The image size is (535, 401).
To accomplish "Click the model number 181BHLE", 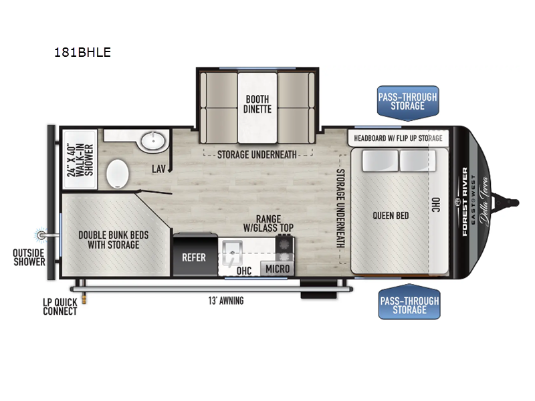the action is tap(82, 52).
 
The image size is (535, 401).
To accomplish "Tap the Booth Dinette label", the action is tap(257, 104).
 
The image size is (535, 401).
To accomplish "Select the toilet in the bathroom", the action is tap(118, 174).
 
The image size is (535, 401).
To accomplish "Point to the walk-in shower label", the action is tap(80, 160).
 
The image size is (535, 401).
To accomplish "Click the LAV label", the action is tap(158, 168).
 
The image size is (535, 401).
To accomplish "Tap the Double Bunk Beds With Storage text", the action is tap(113, 240).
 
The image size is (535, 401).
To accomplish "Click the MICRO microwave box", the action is tap(278, 269).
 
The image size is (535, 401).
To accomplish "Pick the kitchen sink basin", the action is tap(232, 253).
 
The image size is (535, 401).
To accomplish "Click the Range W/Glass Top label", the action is tap(268, 223).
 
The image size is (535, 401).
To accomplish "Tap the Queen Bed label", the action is tap(391, 215).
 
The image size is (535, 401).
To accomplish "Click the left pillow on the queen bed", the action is tap(380, 160).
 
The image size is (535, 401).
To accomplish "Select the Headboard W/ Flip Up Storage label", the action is tap(398, 138).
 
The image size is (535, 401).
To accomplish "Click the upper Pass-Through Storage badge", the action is tap(408, 103).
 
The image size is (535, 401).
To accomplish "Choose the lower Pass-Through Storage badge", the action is tap(409, 302).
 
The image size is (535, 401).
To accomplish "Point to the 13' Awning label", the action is tap(226, 300).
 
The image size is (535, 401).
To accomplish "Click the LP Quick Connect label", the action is tap(60, 307).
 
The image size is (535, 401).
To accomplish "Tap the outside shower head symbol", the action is tap(41, 235).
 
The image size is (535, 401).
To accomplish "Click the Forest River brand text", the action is tap(465, 202).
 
